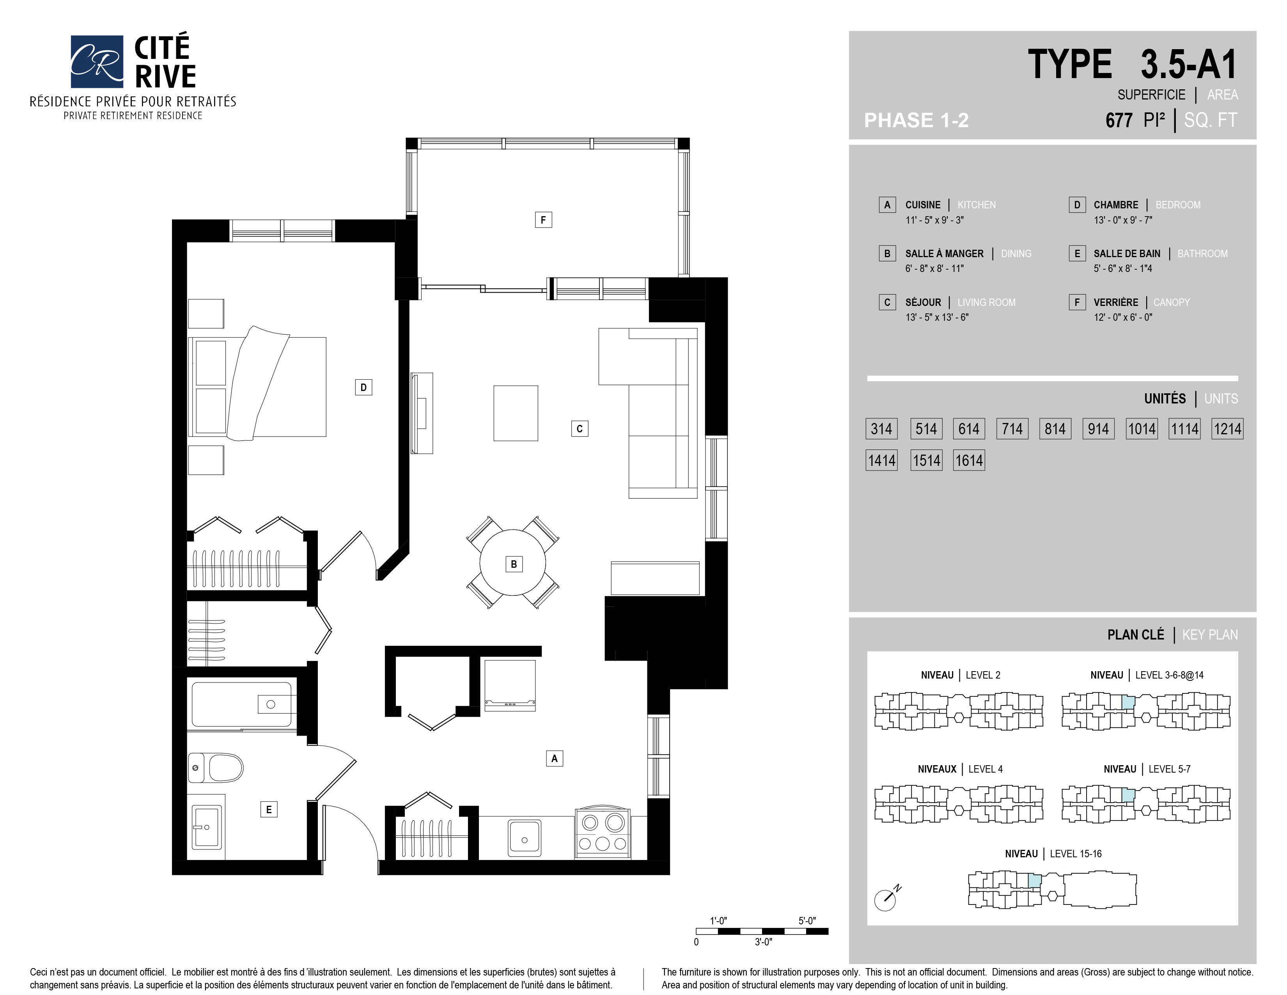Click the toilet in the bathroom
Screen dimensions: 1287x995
tap(216, 768)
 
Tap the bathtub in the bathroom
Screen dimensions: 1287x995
tap(242, 705)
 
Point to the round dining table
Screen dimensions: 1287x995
tap(513, 563)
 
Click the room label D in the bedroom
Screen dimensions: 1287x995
tap(363, 387)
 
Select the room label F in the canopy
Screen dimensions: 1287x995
tap(543, 220)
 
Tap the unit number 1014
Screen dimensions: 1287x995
tap(1142, 428)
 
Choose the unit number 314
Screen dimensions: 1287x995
tap(881, 428)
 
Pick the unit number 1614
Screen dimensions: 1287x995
tap(969, 460)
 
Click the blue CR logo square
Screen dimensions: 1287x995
tap(97, 61)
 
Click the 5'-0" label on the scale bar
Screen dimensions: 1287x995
tap(807, 921)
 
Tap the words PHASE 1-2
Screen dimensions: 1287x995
tap(916, 120)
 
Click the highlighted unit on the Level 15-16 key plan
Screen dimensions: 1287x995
tap(1034, 881)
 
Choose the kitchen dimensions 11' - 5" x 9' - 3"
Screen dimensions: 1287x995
tap(934, 220)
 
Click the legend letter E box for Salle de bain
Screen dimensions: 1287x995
tap(1077, 254)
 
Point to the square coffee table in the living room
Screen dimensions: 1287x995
tap(516, 413)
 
